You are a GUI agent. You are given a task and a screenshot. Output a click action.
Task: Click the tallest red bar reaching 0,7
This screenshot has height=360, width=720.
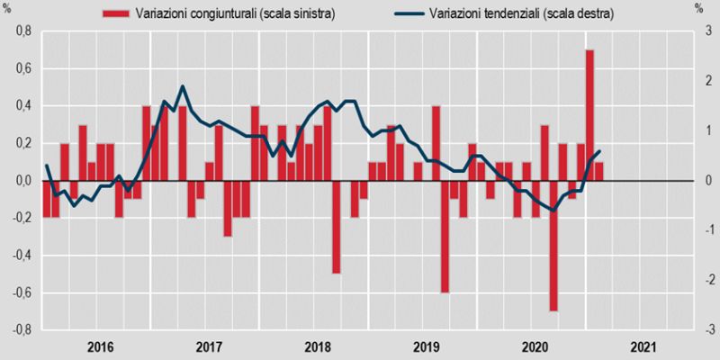(x=589, y=115)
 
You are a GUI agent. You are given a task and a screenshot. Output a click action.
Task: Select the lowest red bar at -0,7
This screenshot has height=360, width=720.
(x=553, y=246)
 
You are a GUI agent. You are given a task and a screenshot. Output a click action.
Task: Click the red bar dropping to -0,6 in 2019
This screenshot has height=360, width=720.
(x=445, y=237)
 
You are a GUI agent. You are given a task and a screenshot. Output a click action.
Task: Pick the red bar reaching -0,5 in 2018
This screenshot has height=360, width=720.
(x=336, y=227)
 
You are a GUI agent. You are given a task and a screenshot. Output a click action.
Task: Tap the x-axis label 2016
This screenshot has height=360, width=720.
(x=100, y=347)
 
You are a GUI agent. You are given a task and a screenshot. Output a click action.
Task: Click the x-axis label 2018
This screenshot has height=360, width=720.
(x=318, y=347)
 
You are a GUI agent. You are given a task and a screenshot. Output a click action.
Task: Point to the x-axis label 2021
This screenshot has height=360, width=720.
(x=643, y=347)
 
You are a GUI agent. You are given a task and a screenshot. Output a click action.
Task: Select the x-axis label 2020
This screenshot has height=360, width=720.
(x=535, y=347)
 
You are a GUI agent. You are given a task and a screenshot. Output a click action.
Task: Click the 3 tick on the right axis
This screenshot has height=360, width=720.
(x=708, y=31)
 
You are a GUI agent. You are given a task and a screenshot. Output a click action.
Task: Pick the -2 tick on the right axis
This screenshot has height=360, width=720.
(x=706, y=281)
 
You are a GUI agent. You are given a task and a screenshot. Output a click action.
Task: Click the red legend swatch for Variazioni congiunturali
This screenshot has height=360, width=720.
(x=115, y=13)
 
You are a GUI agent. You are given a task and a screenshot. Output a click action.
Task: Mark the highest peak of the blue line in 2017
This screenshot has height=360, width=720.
(x=183, y=86)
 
